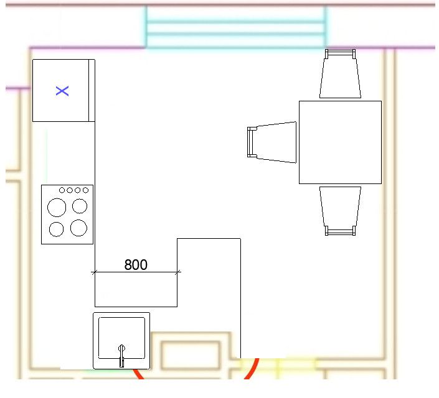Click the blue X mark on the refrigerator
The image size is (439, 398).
tap(62, 91)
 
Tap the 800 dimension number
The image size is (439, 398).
tap(136, 264)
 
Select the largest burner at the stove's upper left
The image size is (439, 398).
tap(57, 208)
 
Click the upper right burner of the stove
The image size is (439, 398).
tap(80, 206)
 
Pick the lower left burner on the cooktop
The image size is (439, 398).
tap(56, 229)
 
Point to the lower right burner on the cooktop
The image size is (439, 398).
tap(78, 228)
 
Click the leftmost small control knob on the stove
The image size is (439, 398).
tap(62, 190)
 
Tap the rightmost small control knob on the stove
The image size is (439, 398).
tap(86, 190)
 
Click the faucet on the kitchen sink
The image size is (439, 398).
tap(122, 356)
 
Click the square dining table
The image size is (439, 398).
tap(340, 142)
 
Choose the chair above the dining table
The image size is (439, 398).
tap(340, 74)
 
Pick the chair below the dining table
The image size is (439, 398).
tap(340, 211)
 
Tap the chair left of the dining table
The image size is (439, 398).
tap(272, 142)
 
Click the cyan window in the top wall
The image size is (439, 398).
tap(236, 27)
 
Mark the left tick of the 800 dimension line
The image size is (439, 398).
tap(95, 272)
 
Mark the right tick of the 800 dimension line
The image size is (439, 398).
tap(177, 272)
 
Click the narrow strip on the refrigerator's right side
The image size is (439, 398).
tap(92, 90)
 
